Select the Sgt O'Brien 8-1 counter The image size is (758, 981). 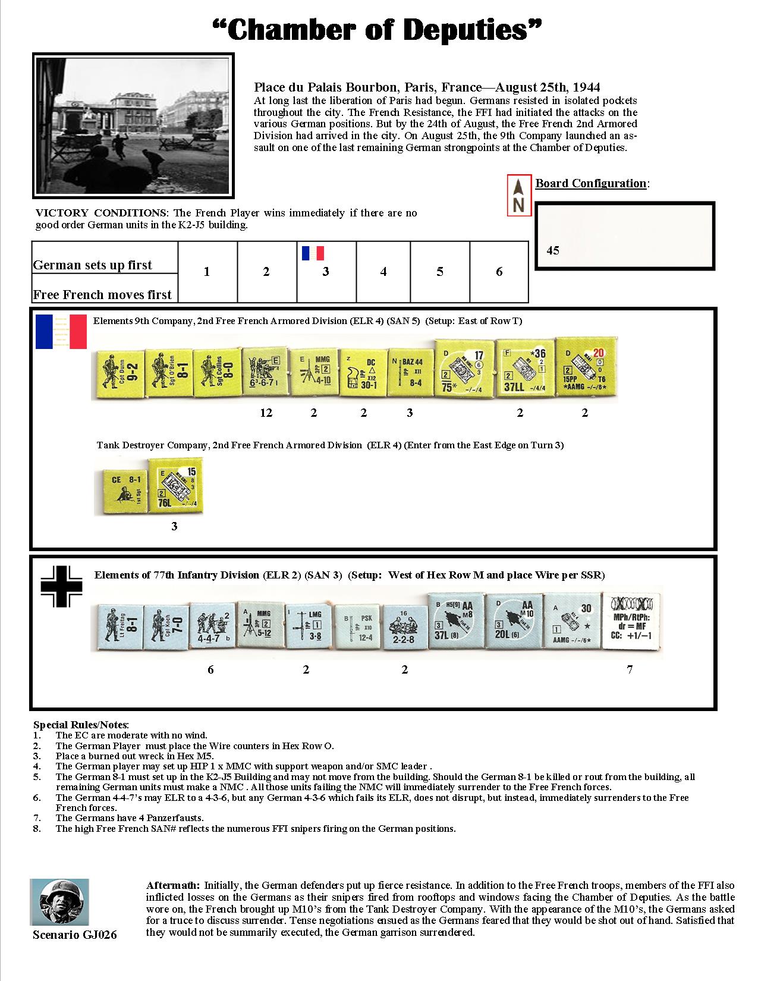pyautogui.click(x=169, y=373)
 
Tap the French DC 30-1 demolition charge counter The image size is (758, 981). pyautogui.click(x=362, y=373)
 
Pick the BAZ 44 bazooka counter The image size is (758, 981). pyautogui.click(x=410, y=373)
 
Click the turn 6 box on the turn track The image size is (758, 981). pyautogui.click(x=499, y=272)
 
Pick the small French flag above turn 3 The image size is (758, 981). pyautogui.click(x=313, y=253)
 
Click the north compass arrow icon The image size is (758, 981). pyautogui.click(x=518, y=194)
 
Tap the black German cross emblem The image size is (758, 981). pyautogui.click(x=61, y=587)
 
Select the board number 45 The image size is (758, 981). pyautogui.click(x=553, y=250)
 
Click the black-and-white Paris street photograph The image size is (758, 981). pyautogui.click(x=133, y=125)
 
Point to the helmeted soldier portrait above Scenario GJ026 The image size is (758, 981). pyautogui.click(x=59, y=901)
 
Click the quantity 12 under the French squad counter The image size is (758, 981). pyautogui.click(x=266, y=413)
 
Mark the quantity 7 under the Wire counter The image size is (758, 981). pyautogui.click(x=630, y=670)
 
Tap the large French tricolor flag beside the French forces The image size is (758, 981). pyautogui.click(x=61, y=331)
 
